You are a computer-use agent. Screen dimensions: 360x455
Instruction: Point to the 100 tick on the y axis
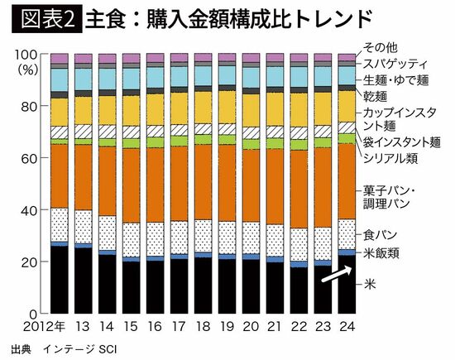[28, 54]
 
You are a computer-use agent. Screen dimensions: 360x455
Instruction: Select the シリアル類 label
[391, 157]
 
